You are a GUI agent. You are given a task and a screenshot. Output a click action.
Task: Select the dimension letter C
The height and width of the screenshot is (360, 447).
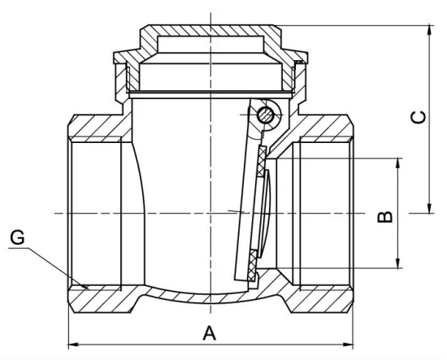[x=417, y=117]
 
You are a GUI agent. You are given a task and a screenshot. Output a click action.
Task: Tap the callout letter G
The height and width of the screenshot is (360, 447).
[x=18, y=237]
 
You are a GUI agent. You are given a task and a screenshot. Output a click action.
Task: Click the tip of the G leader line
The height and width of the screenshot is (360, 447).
[x=86, y=286]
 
